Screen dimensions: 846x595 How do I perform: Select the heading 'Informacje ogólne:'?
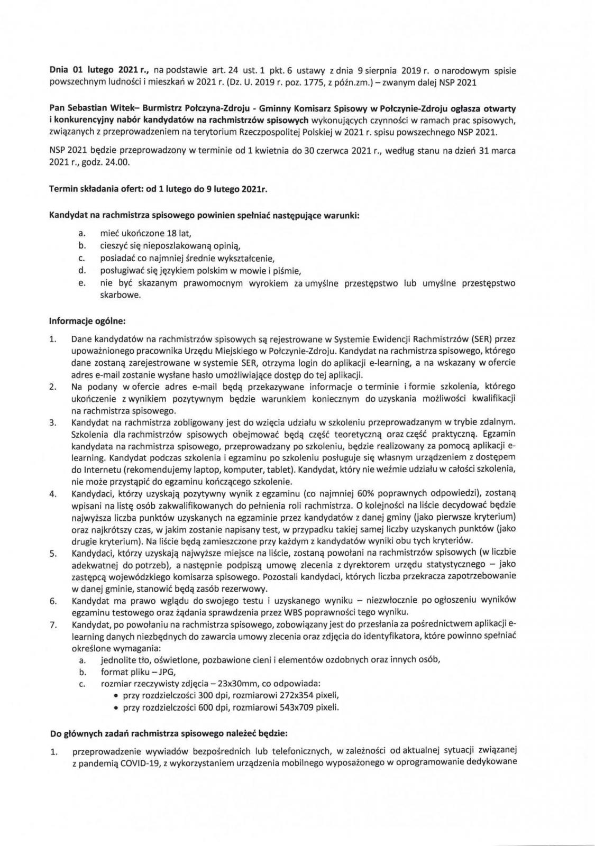pyautogui.click(x=87, y=321)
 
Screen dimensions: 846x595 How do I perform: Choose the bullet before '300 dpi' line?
pyautogui.click(x=115, y=696)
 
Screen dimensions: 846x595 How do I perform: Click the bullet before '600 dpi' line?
pyautogui.click(x=115, y=708)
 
